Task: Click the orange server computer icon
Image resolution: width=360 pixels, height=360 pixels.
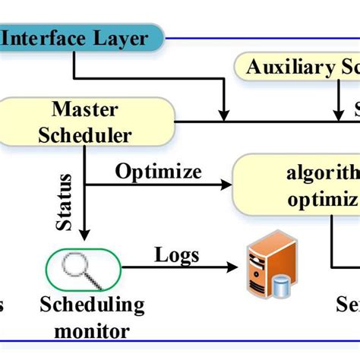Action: pyautogui.click(x=261, y=270)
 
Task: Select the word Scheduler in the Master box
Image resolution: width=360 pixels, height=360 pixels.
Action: pyautogui.click(x=90, y=136)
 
